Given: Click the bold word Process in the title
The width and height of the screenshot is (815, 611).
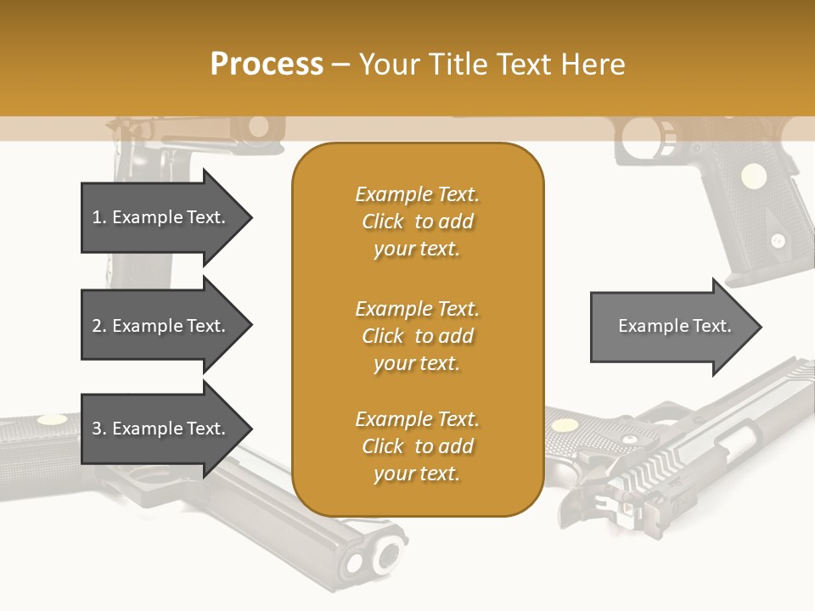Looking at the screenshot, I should tap(267, 64).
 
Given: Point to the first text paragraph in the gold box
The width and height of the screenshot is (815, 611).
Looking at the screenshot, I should tap(417, 221).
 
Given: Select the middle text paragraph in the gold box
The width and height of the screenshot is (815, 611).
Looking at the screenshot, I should tap(417, 336).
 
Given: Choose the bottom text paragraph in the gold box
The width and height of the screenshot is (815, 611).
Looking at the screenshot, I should tap(417, 446).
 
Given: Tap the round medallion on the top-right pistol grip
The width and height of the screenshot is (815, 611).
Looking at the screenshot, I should tap(753, 176).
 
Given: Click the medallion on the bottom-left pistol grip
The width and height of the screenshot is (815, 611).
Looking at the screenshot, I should tap(52, 419).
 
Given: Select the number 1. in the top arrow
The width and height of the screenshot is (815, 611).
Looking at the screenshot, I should tap(99, 217).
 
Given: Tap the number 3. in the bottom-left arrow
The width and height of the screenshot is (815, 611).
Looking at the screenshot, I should tap(99, 429).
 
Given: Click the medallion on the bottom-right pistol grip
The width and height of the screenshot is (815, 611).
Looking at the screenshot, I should tap(563, 423).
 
